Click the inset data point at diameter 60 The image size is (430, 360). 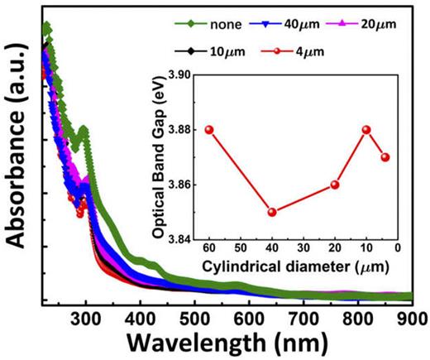click(x=209, y=130)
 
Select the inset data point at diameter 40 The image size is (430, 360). click(x=272, y=212)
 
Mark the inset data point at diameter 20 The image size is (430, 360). click(x=335, y=185)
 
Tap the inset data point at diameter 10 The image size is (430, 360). click(x=366, y=130)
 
